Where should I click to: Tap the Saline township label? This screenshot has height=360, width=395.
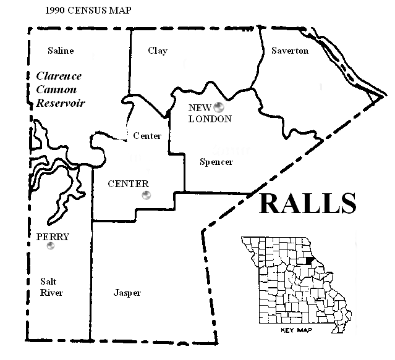tap(60, 51)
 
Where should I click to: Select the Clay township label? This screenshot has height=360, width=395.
tap(158, 51)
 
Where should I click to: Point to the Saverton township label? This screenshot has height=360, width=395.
tap(289, 51)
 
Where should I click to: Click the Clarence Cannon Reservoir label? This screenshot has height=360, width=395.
tap(59, 90)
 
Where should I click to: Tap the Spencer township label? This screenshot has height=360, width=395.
tap(216, 162)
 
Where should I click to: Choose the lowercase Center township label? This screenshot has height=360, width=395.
tap(147, 136)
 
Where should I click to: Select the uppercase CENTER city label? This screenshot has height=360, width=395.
tap(128, 184)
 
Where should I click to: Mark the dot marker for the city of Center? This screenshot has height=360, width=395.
tap(146, 195)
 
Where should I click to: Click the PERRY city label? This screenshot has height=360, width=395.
tap(53, 237)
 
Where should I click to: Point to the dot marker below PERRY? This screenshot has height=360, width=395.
tap(51, 246)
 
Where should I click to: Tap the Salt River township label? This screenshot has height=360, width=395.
tap(51, 287)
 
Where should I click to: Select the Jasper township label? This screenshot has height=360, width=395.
tap(127, 293)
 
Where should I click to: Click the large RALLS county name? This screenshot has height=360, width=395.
tap(307, 203)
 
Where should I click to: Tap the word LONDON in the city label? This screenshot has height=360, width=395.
tap(210, 119)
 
